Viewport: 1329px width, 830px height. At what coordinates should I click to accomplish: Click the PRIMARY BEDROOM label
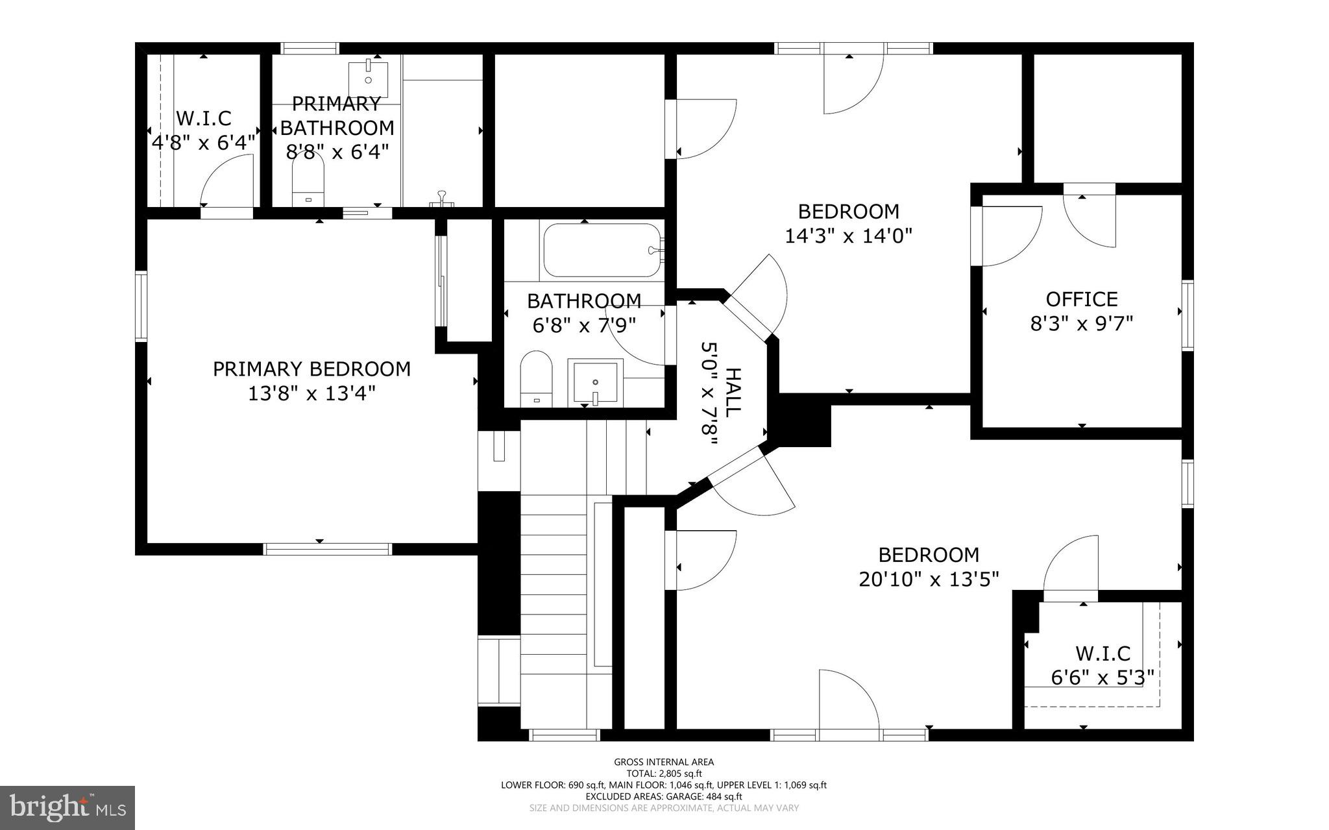pyautogui.click(x=311, y=369)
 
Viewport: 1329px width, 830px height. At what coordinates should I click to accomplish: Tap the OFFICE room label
pyautogui.click(x=1081, y=299)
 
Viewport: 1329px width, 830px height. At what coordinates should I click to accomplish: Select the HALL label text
pyautogui.click(x=733, y=393)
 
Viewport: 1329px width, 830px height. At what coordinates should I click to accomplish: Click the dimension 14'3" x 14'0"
pyautogui.click(x=848, y=236)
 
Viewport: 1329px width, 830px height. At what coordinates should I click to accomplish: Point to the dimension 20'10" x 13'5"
pyautogui.click(x=928, y=579)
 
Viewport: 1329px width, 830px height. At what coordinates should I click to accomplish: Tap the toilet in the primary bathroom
pyautogui.click(x=308, y=182)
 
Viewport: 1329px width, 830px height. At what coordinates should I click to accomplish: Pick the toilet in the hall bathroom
pyautogui.click(x=536, y=379)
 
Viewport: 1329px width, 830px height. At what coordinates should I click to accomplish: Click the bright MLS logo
pyautogui.click(x=67, y=807)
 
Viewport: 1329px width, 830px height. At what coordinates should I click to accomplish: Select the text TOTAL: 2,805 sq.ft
pyautogui.click(x=664, y=774)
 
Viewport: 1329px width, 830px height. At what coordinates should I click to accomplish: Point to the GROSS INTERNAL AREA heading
pyautogui.click(x=664, y=762)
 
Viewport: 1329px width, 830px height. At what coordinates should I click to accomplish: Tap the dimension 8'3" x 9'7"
pyautogui.click(x=1081, y=323)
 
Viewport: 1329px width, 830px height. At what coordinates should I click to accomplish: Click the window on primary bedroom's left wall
pyautogui.click(x=141, y=306)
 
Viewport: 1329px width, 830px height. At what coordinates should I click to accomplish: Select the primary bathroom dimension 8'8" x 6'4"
pyautogui.click(x=337, y=152)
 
